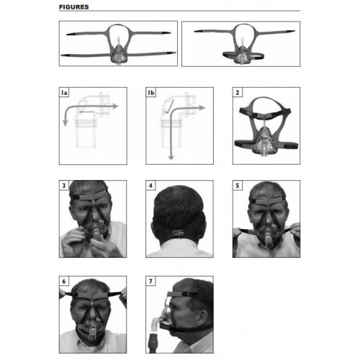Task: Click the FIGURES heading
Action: pyautogui.click(x=74, y=7)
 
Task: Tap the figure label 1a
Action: pyautogui.click(x=64, y=93)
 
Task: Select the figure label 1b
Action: pyautogui.click(x=151, y=93)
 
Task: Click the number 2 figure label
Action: pyautogui.click(x=238, y=93)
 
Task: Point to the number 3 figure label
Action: pyautogui.click(x=64, y=186)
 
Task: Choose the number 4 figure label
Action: pyautogui.click(x=150, y=186)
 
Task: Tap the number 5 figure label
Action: pyautogui.click(x=238, y=186)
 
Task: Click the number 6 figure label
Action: pyautogui.click(x=64, y=282)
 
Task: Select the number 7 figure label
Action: pyautogui.click(x=150, y=282)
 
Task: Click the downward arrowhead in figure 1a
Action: pyautogui.click(x=65, y=123)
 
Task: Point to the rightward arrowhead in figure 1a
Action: pyautogui.click(x=115, y=106)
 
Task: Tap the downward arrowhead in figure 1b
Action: pyautogui.click(x=171, y=157)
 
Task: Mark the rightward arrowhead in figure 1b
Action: pyautogui.click(x=202, y=108)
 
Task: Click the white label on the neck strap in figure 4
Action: pyautogui.click(x=177, y=233)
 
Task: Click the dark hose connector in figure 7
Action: pyautogui.click(x=153, y=342)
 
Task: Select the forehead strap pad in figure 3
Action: pyautogui.click(x=93, y=197)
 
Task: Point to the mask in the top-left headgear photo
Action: pyautogui.click(x=119, y=55)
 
